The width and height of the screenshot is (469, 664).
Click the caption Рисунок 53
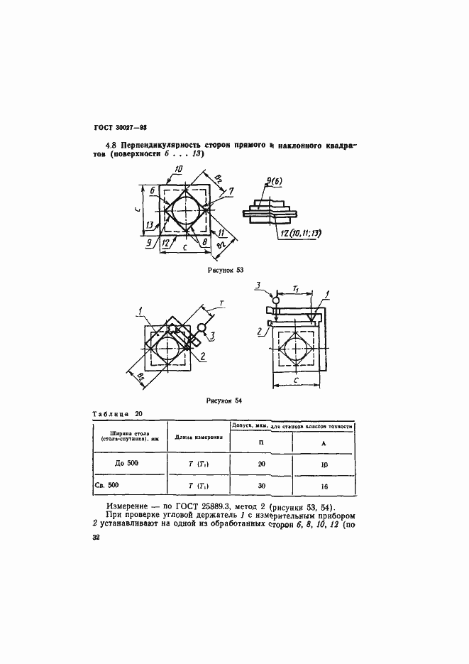[226, 270]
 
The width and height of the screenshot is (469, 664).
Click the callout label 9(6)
[275, 182]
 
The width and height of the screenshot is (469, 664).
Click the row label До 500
[128, 464]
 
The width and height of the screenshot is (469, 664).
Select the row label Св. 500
[128, 486]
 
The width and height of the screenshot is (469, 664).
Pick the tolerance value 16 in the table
[324, 486]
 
